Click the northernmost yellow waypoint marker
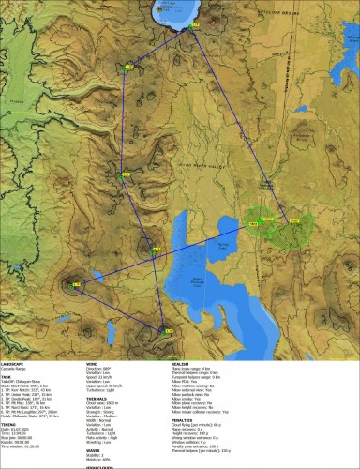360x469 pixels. point(128,66)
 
